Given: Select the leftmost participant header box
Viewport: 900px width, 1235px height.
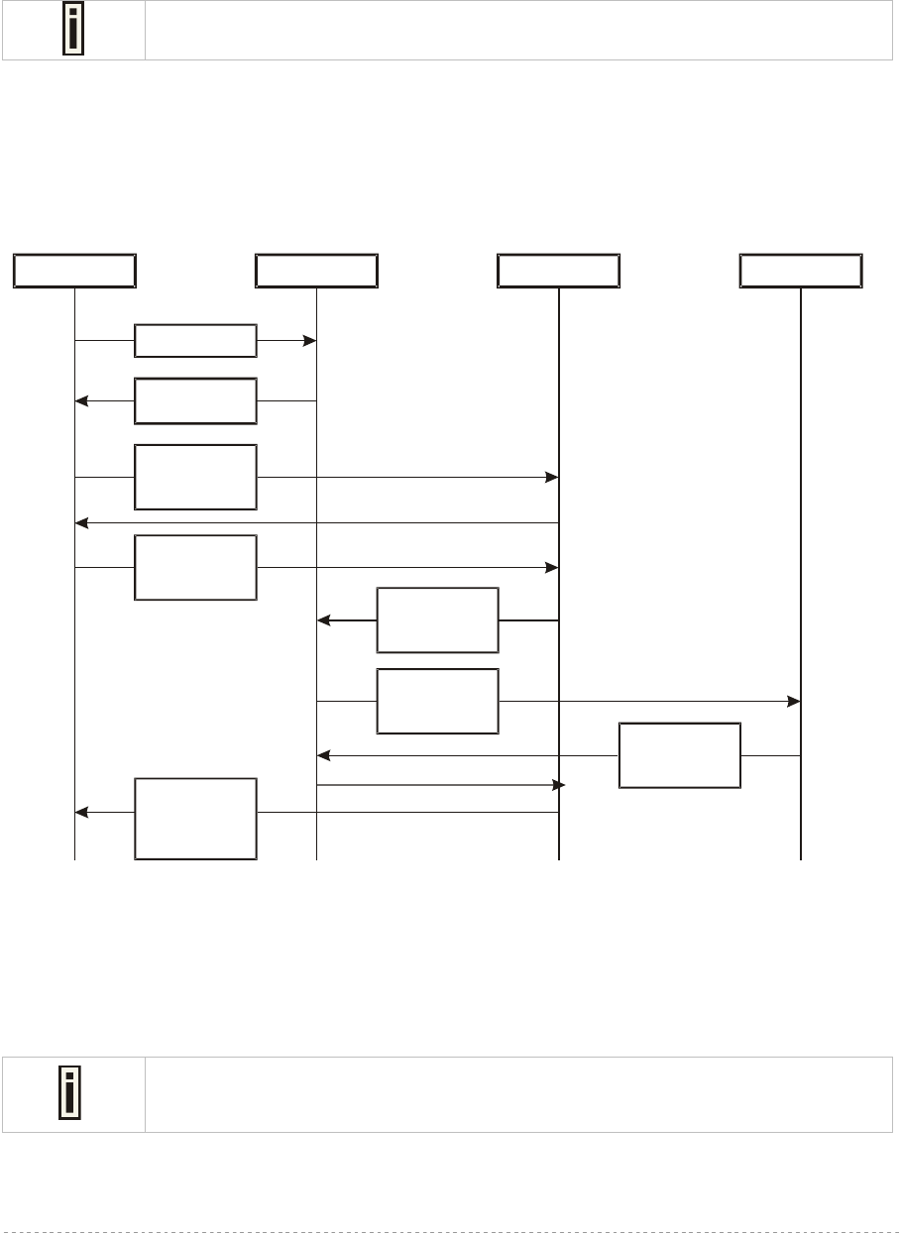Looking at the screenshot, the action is pos(74,271).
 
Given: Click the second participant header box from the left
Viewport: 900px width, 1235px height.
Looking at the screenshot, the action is pos(316,271).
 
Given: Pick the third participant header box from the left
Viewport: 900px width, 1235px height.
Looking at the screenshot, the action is pos(558,271).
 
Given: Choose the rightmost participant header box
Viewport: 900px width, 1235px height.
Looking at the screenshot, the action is pos(801,271).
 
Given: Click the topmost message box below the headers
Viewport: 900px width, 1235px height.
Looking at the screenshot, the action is pos(195,341).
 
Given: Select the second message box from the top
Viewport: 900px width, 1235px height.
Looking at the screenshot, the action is pos(195,401).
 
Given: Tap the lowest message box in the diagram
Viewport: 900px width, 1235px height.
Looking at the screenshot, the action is pos(195,819).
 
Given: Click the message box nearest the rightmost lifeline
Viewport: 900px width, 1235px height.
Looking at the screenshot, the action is pos(679,755).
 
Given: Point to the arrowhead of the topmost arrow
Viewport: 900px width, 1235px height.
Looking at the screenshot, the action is pos(309,341).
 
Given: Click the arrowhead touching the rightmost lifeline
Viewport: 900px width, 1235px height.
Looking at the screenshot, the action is pos(794,702).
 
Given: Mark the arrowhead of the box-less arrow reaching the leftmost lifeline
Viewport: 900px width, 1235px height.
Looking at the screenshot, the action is pos(82,522).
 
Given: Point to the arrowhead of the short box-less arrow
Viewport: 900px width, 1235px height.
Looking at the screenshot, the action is pos(558,785).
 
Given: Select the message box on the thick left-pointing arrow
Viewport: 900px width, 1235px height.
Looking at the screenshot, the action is pos(437,620).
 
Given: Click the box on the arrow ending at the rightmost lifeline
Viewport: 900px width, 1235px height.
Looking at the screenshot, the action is pos(437,702).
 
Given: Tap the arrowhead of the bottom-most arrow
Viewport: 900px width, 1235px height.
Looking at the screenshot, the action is pos(82,813).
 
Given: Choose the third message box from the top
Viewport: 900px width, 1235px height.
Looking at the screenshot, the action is pos(195,477).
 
